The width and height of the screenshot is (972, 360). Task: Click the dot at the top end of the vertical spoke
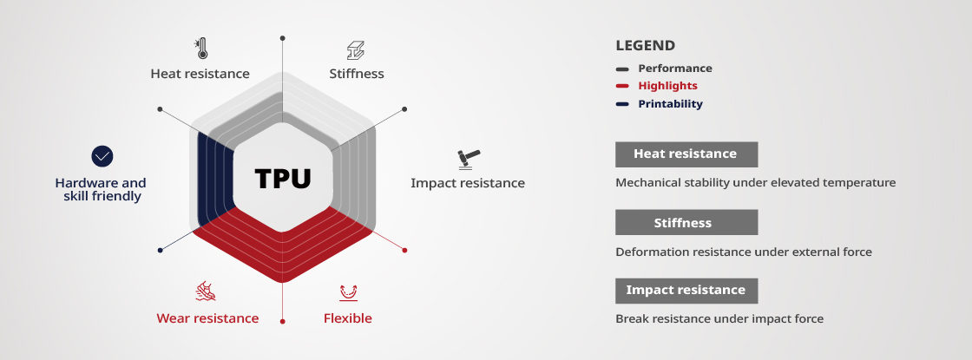point(283,38)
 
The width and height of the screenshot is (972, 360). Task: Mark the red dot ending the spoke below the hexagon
point(283,322)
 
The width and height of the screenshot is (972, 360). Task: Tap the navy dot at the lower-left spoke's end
point(160,251)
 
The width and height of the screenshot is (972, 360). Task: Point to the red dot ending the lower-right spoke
point(404,251)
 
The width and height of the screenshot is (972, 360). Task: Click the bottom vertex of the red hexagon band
point(283,283)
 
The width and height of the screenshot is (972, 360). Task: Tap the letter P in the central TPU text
point(283,179)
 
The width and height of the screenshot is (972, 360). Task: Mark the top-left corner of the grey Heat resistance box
point(615,142)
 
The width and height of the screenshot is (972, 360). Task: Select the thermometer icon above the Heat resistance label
point(200,49)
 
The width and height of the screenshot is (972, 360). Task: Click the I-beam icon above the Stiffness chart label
point(356,50)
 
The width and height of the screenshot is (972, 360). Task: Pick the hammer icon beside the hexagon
point(469,160)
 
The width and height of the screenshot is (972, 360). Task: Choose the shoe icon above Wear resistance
point(206,291)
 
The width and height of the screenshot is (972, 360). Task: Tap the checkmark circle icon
point(102,156)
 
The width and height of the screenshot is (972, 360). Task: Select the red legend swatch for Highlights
point(622,86)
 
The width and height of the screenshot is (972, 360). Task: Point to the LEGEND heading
point(646,45)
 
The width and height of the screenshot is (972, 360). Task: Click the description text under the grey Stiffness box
point(744,252)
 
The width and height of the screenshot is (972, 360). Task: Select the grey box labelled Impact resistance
point(686,291)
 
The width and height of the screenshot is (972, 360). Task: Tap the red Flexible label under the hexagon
point(348,318)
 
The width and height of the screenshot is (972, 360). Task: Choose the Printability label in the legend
point(671,104)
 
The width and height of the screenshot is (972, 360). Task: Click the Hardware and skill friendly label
point(101,190)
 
